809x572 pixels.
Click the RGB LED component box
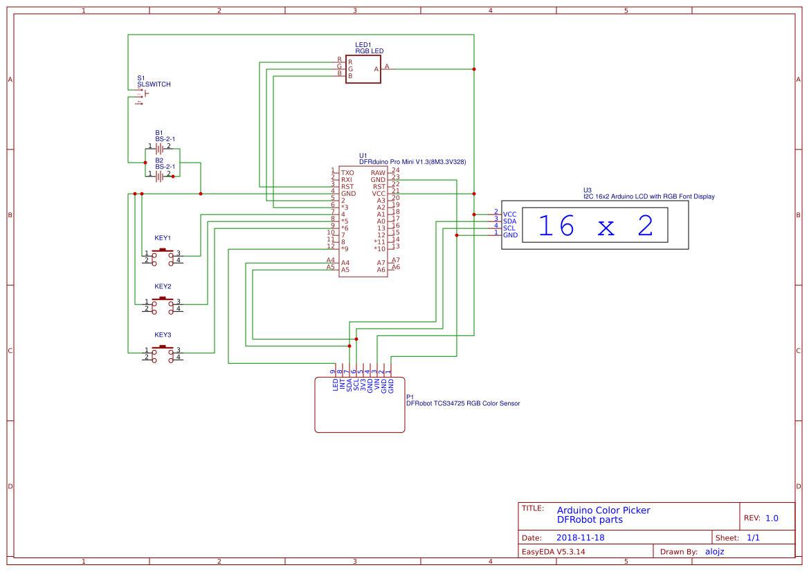363,69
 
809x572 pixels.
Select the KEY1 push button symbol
163,256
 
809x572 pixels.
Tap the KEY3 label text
163,334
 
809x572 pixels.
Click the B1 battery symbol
159,148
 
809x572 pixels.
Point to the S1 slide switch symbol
143,96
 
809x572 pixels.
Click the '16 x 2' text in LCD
595,226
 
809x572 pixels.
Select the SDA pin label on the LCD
510,221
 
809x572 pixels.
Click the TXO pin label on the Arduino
347,173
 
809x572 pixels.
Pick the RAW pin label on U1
378,173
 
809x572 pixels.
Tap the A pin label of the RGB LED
376,69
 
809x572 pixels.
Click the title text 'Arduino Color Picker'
603,510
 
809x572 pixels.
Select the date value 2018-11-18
580,537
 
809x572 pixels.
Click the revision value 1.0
772,518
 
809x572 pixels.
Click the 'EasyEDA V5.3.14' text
554,551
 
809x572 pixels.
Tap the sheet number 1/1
754,537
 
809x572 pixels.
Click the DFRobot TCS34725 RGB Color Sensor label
462,403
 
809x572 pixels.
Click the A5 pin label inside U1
345,270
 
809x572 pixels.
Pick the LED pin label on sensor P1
336,385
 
